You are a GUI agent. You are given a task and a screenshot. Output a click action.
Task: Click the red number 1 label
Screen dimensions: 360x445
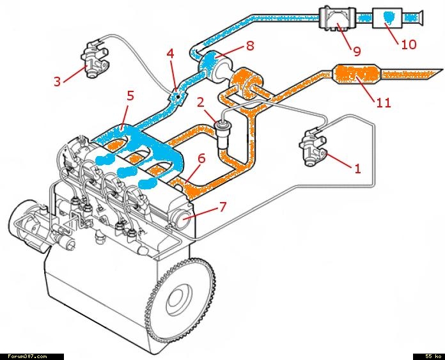tap(358, 169)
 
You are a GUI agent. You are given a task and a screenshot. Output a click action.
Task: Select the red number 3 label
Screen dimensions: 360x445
tap(57, 81)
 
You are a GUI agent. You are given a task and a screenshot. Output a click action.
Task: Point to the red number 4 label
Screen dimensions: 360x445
tap(171, 54)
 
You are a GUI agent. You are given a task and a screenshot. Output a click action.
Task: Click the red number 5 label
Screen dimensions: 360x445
tap(130, 97)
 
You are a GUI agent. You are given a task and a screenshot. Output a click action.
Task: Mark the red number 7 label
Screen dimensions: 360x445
tap(222, 207)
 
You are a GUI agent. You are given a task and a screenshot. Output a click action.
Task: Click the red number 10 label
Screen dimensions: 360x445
tap(409, 45)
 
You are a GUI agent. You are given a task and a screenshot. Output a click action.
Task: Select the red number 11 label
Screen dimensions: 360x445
tap(384, 102)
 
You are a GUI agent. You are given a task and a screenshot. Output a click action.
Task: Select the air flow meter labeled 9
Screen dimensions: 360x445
tap(335, 18)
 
